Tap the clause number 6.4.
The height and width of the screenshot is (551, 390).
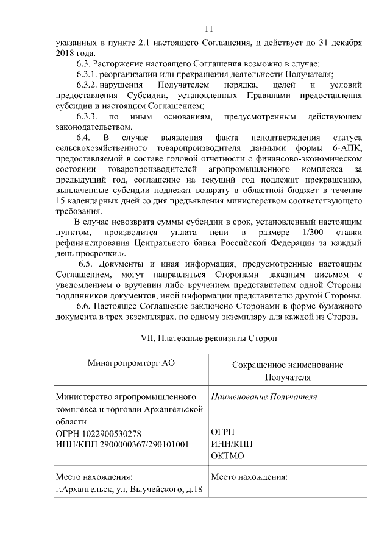(83, 138)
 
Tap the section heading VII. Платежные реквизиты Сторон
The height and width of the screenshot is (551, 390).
(209, 337)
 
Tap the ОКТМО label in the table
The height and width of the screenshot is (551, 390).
(227, 456)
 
